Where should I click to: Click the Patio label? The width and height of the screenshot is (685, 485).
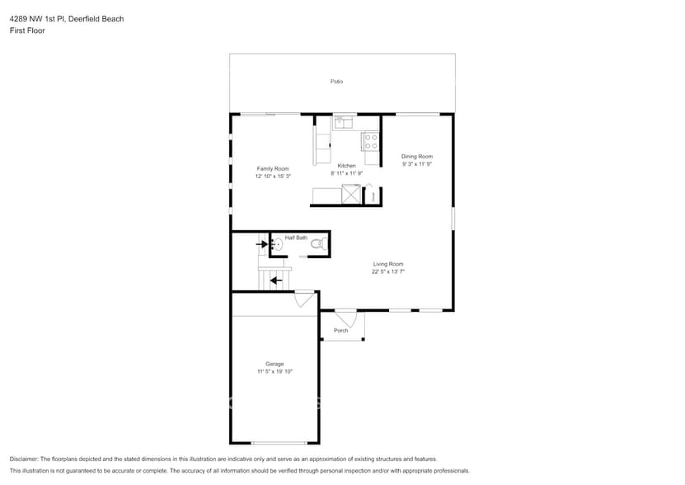[x=336, y=82]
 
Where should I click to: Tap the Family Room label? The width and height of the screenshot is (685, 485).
[x=273, y=169]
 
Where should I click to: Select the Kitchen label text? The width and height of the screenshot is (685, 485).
[x=346, y=166]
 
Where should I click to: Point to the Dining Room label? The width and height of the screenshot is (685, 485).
[x=417, y=157]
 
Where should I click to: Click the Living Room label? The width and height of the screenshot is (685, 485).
[x=388, y=264]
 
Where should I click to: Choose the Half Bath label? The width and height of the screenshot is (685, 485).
[x=296, y=238]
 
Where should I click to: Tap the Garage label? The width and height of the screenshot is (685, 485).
[x=274, y=364]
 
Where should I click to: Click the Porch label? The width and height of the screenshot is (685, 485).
[x=340, y=331]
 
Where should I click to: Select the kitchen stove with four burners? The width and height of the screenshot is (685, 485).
[x=371, y=142]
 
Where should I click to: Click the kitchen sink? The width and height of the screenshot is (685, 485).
[x=344, y=122]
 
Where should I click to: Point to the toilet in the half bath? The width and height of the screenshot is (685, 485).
[x=319, y=244]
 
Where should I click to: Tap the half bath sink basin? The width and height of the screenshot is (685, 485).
[x=278, y=244]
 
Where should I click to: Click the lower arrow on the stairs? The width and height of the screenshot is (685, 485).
[x=275, y=280]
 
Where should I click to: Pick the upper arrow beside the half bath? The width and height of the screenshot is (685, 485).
[x=262, y=243]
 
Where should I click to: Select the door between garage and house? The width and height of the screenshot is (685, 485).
[x=304, y=299]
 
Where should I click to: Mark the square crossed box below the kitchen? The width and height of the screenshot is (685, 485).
[x=351, y=194]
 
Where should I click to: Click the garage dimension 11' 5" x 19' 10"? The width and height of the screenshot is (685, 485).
[x=274, y=372]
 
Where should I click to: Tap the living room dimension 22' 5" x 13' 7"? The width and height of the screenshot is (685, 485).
[x=388, y=271]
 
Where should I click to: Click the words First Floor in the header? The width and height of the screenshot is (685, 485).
[x=27, y=31]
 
